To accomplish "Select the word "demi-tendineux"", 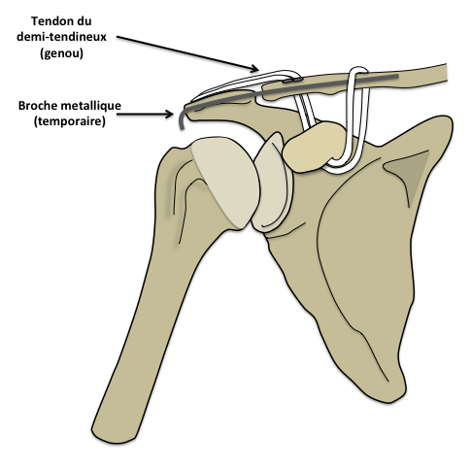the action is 61,37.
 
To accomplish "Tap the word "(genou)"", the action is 61,52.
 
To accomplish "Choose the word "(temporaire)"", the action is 70,121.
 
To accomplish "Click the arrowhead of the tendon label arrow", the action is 254,68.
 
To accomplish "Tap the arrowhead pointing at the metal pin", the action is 169,114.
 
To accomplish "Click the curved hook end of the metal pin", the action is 182,119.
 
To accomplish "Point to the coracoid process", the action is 314,147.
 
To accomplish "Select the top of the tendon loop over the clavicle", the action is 357,69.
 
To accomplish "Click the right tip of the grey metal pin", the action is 397,77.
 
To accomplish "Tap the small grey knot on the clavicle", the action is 292,80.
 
